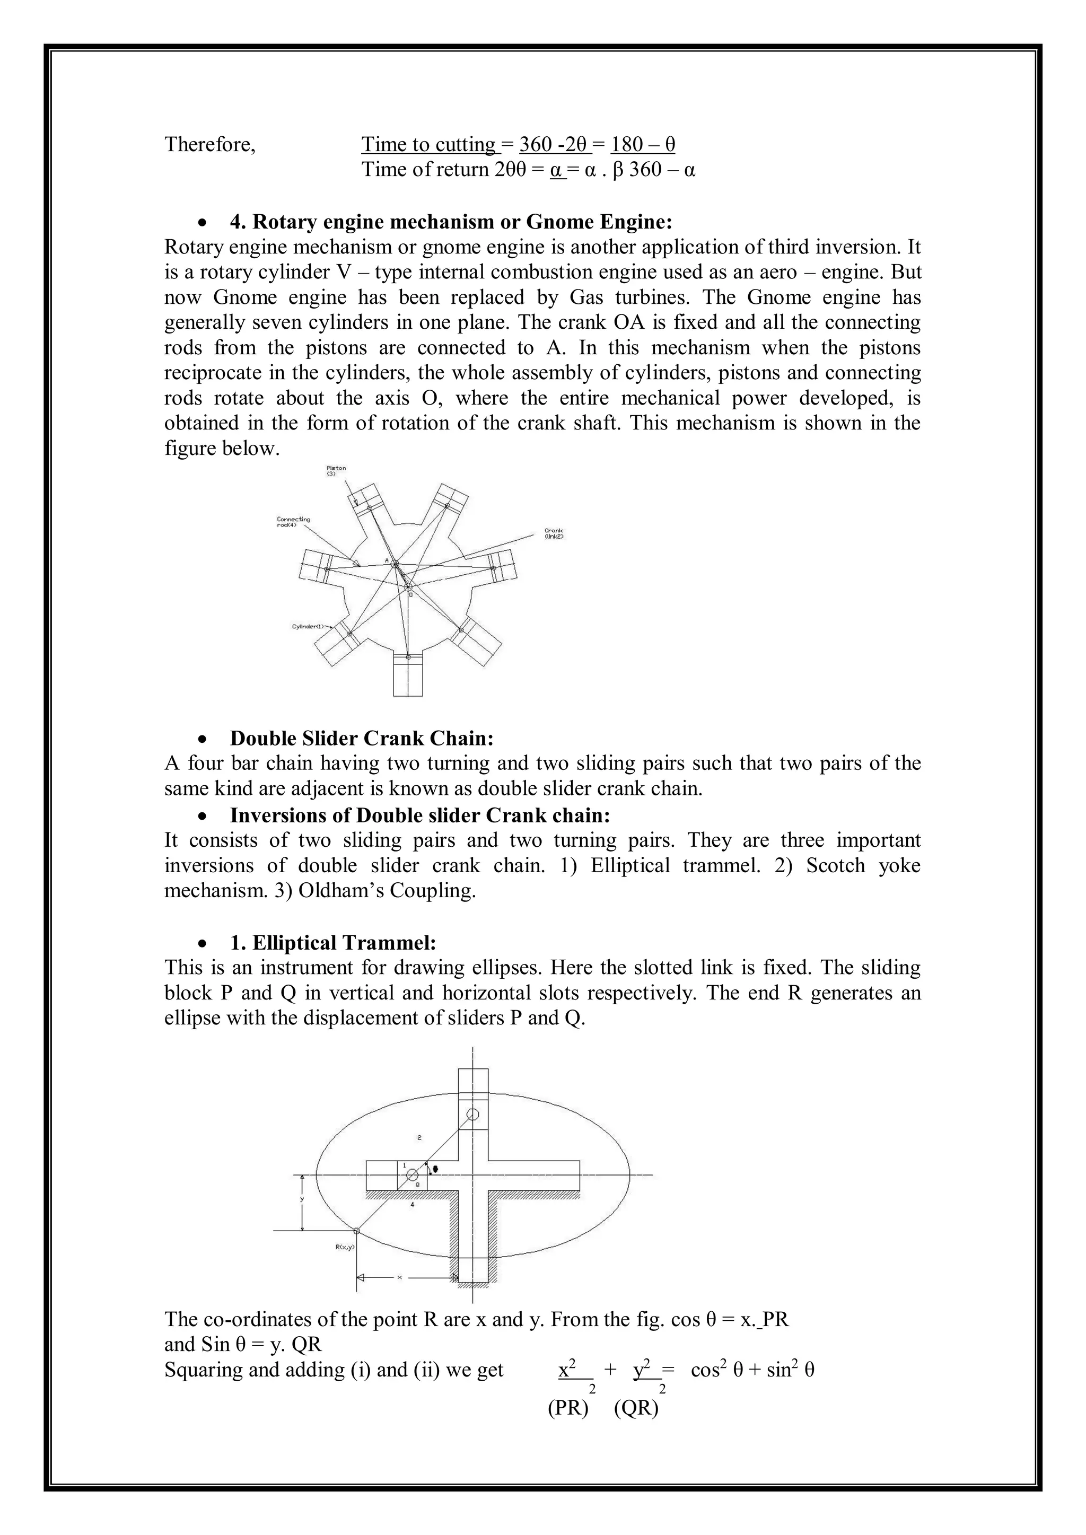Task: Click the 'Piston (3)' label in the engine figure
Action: (336, 471)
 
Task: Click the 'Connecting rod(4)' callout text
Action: (293, 521)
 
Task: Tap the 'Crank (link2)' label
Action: (554, 533)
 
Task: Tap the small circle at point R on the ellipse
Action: (356, 1231)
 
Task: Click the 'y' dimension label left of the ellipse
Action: (302, 1199)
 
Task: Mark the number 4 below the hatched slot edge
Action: (412, 1204)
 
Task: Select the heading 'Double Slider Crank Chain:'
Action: (362, 738)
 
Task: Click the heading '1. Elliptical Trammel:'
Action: (333, 943)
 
